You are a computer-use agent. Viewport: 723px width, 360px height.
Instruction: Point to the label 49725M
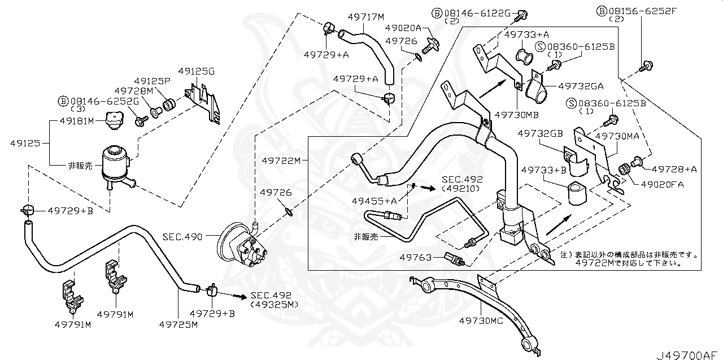[178, 324]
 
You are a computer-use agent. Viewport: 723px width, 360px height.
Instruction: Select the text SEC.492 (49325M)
[271, 300]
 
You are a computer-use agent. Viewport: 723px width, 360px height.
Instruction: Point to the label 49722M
[280, 161]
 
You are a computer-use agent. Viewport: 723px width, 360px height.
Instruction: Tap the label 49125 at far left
[25, 144]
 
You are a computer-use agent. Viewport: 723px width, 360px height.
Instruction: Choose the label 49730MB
[516, 114]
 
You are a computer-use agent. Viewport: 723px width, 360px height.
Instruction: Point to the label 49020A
[403, 27]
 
